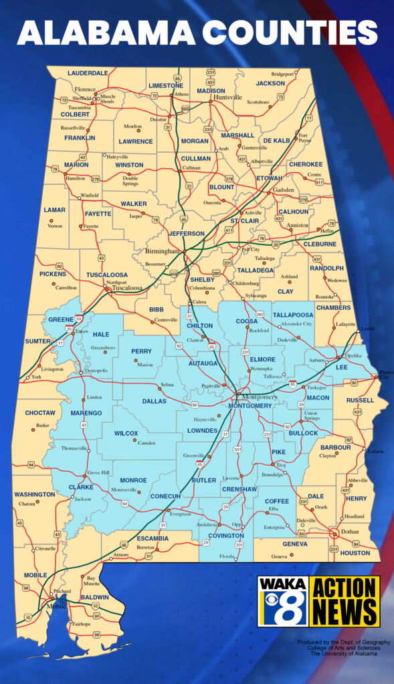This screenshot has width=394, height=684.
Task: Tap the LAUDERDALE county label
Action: pyautogui.click(x=87, y=73)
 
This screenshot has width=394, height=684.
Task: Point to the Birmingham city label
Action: pyautogui.click(x=163, y=252)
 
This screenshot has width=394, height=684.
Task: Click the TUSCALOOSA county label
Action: pyautogui.click(x=106, y=275)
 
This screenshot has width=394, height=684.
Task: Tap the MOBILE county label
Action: pyautogui.click(x=35, y=574)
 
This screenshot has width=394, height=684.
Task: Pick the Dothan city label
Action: pyautogui.click(x=351, y=532)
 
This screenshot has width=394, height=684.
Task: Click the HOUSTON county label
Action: pyautogui.click(x=355, y=553)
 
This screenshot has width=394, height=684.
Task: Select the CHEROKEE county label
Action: pyautogui.click(x=305, y=164)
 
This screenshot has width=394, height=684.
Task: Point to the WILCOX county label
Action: pyautogui.click(x=126, y=434)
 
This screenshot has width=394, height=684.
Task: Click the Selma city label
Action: pyautogui.click(x=167, y=385)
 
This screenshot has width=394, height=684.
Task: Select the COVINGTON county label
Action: pyautogui.click(x=225, y=536)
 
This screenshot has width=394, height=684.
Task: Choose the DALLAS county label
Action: pyautogui.click(x=154, y=401)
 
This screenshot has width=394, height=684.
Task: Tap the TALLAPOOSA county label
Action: pyautogui.click(x=292, y=315)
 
